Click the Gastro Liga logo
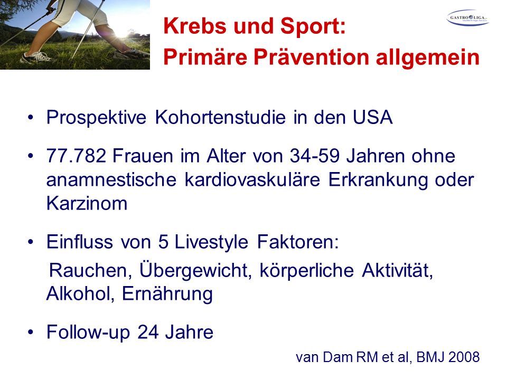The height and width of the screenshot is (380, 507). (467, 18)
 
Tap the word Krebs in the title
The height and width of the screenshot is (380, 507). (195, 26)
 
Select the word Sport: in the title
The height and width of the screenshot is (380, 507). (313, 26)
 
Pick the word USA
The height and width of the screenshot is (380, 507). (372, 117)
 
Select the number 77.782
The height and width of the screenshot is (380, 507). (76, 156)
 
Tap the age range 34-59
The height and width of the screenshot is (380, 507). (315, 156)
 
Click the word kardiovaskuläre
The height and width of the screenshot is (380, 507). (252, 179)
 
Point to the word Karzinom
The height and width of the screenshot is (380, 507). (87, 204)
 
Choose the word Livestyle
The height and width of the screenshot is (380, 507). (211, 242)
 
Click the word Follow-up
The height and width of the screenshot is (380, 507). (88, 332)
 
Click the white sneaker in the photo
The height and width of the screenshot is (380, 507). (36, 58)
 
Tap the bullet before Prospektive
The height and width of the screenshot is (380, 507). (31, 117)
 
